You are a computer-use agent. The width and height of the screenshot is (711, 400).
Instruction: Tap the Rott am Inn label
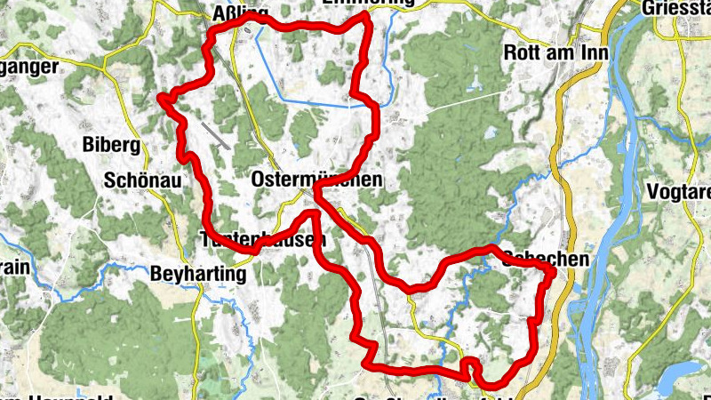pos(555,52)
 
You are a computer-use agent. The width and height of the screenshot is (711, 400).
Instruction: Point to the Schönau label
pos(142,180)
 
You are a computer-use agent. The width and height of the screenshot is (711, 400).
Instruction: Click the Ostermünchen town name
pos(316,180)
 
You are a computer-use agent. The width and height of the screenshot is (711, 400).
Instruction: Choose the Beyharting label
pos(198,274)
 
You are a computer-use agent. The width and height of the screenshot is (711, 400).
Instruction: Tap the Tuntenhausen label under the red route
pos(263,240)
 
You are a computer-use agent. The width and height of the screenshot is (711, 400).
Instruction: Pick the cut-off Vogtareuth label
pos(681,192)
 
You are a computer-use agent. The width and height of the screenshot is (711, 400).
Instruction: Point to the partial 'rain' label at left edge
pos(16,268)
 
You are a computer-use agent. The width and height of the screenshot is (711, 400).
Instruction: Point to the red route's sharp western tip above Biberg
pos(161,97)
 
